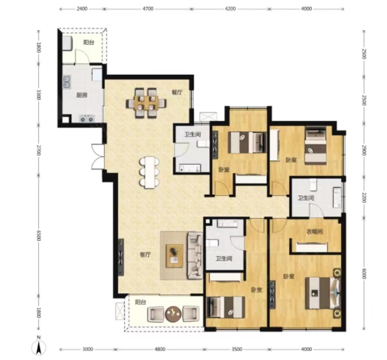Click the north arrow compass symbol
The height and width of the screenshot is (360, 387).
click(39, 347)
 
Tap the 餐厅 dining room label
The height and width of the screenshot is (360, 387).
click(177, 92)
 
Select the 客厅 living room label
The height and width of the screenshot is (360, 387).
click(145, 255)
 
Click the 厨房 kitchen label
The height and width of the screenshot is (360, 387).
click(82, 95)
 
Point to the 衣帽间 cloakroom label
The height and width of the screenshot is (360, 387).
click(314, 232)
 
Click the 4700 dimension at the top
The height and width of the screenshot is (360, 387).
click(148, 9)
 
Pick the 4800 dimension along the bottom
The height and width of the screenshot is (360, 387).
click(159, 349)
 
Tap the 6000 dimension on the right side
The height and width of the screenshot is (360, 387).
click(364, 274)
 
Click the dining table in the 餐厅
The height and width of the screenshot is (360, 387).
click(146, 103)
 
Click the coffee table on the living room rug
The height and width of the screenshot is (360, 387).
click(175, 256)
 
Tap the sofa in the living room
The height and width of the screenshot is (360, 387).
click(195, 256)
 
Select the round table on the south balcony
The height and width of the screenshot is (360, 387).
click(173, 314)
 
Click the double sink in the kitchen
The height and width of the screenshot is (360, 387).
click(67, 82)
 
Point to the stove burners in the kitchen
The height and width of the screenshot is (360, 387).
click(87, 119)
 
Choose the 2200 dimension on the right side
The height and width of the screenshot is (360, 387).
click(364, 197)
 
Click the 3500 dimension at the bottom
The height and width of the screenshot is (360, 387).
click(237, 349)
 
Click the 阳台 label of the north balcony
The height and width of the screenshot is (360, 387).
click(89, 42)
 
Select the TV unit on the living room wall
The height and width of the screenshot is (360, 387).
click(121, 257)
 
